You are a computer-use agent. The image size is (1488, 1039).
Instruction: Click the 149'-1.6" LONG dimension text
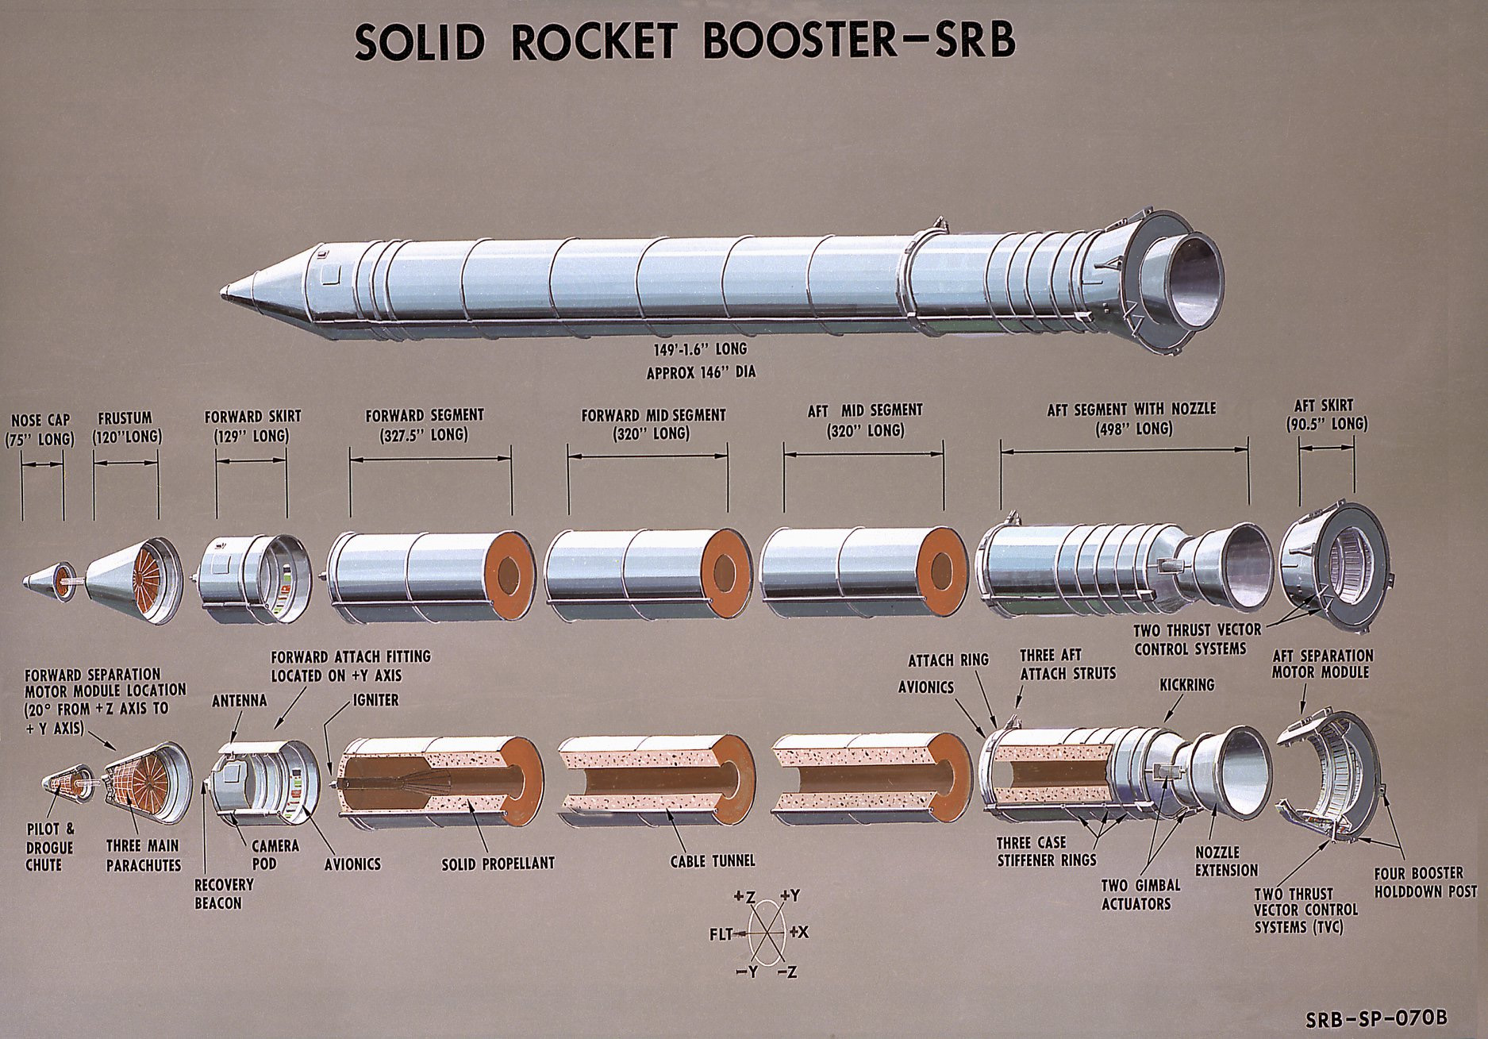(x=696, y=349)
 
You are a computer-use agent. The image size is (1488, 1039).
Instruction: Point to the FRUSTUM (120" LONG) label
(x=126, y=428)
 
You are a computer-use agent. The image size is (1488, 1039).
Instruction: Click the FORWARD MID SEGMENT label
(x=653, y=424)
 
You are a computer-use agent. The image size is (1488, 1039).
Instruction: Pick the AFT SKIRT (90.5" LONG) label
(x=1326, y=415)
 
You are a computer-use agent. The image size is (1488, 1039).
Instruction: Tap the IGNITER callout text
(x=372, y=701)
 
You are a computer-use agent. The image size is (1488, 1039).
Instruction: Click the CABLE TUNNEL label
(x=713, y=860)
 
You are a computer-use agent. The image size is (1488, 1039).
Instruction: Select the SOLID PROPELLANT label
(x=498, y=863)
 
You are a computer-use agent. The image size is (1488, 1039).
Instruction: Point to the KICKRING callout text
(x=1186, y=684)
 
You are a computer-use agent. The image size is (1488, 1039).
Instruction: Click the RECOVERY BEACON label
(x=224, y=893)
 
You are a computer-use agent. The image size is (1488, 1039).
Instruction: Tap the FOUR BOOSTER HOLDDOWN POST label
(x=1425, y=882)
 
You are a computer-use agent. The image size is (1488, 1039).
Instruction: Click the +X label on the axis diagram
(x=798, y=932)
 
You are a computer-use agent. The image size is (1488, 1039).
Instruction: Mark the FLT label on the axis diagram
(x=721, y=934)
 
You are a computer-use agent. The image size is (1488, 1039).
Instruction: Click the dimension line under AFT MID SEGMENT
(x=863, y=455)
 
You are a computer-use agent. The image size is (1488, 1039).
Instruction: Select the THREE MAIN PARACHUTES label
(x=144, y=855)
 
